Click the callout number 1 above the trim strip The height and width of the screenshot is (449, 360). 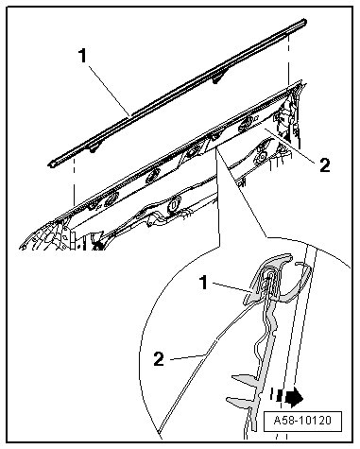click(x=82, y=56)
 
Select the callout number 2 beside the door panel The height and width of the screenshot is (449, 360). click(x=325, y=164)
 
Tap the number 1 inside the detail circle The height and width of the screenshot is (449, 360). click(x=204, y=282)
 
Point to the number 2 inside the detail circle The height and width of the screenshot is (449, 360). click(x=159, y=359)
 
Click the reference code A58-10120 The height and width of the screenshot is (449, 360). click(x=302, y=421)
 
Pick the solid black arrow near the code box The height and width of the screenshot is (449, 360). click(x=294, y=397)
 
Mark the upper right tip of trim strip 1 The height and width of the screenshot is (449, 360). click(x=305, y=21)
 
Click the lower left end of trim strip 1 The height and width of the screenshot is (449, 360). click(x=50, y=164)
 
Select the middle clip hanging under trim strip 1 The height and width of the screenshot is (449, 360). click(x=216, y=80)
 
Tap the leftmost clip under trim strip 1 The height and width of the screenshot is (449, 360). click(x=94, y=149)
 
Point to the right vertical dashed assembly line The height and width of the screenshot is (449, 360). click(x=289, y=60)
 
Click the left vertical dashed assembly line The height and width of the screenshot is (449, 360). click(x=74, y=181)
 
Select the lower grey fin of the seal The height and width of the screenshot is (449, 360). click(x=239, y=402)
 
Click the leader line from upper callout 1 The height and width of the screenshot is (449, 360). click(x=109, y=91)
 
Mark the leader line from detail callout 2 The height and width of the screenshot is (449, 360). click(x=187, y=357)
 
